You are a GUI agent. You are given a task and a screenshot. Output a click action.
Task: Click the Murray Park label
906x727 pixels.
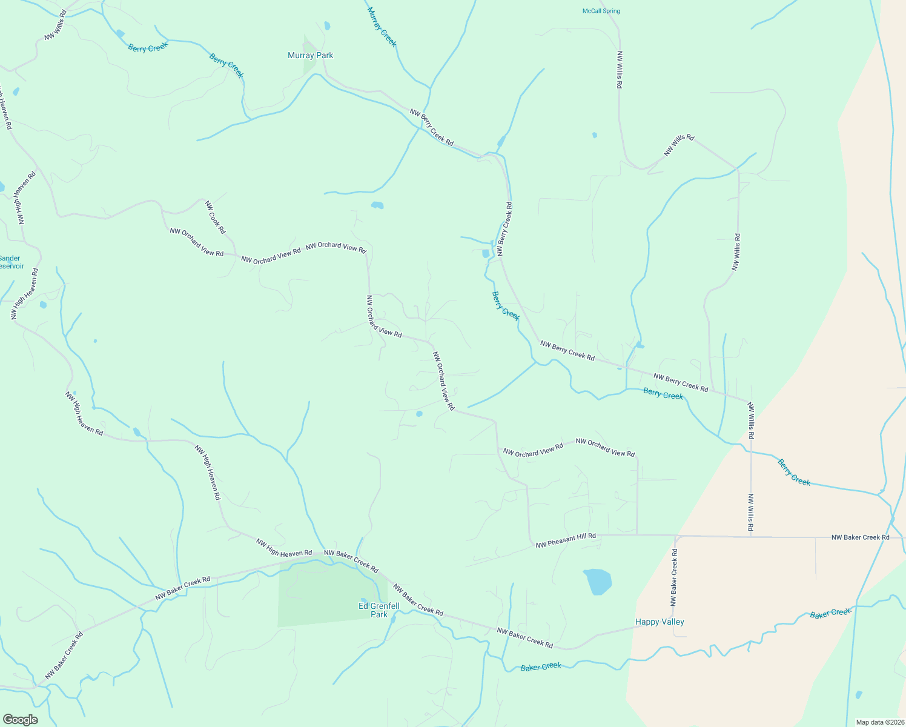click(x=310, y=55)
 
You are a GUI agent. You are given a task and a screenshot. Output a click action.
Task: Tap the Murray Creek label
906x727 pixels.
click(x=382, y=27)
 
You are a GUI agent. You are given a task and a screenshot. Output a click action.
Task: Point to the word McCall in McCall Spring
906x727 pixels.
click(x=592, y=11)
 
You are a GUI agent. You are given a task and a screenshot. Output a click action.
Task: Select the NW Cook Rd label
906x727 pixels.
click(x=215, y=217)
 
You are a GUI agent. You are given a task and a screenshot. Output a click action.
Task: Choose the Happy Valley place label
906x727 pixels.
click(x=660, y=622)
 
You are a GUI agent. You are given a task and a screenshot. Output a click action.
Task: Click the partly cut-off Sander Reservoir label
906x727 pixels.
click(x=10, y=262)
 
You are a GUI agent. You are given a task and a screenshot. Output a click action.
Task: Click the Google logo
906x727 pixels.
click(x=20, y=720)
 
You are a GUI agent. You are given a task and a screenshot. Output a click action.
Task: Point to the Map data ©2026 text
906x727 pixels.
click(x=879, y=722)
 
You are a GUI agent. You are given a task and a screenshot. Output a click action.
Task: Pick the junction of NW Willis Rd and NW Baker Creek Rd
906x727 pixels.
click(x=751, y=537)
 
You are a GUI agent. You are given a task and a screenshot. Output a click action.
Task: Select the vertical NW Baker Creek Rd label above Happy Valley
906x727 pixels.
click(x=674, y=577)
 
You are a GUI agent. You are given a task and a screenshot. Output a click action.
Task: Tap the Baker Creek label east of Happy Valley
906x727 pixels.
click(x=830, y=614)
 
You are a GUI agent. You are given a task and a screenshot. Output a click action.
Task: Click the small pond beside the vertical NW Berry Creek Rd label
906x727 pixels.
click(x=486, y=254)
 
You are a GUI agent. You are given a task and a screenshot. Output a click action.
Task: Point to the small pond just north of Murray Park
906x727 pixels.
click(x=327, y=25)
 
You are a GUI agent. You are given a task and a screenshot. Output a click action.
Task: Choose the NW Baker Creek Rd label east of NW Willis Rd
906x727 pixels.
click(x=860, y=537)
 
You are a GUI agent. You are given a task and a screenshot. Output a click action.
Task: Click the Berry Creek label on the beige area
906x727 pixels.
click(x=794, y=472)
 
